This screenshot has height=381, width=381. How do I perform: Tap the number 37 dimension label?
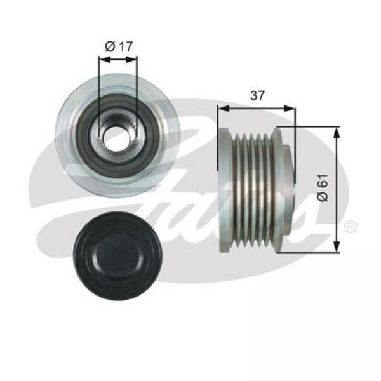click(257, 95)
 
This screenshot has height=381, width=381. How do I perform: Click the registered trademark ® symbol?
click(350, 227)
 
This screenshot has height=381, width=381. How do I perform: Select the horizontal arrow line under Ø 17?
click(117, 59)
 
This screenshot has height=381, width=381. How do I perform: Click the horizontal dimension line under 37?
click(257, 108)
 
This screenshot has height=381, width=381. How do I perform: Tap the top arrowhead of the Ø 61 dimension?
click(337, 130)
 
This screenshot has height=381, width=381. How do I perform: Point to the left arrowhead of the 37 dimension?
click(222, 108)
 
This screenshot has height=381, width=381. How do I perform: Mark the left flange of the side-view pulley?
click(224, 190)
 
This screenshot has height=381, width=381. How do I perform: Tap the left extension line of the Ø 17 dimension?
click(98, 89)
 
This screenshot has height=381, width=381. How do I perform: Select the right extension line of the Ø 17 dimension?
click(137, 89)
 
